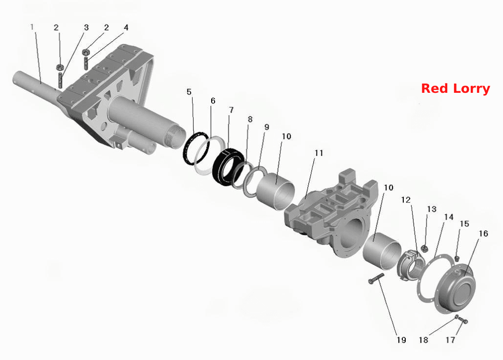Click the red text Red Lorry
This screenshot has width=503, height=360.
point(456,88)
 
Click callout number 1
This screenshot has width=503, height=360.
point(32,27)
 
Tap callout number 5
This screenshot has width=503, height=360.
point(189,92)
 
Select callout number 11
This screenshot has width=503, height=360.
point(319,153)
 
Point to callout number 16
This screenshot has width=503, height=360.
point(483,233)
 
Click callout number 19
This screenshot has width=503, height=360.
point(401,340)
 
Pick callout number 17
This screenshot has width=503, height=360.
point(450,340)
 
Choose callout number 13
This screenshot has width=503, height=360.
point(432,209)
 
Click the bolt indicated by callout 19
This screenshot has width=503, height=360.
point(376,279)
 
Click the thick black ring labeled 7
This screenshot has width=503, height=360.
point(228,168)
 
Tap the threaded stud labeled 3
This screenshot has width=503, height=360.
point(60,80)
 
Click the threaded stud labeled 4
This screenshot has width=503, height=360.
point(86,63)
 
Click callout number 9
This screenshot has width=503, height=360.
point(266,127)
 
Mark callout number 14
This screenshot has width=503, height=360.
point(449,217)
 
